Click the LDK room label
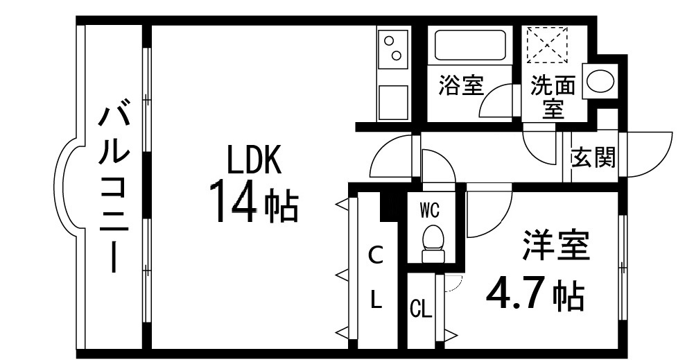pyautogui.click(x=254, y=161)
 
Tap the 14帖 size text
pyautogui.click(x=254, y=201)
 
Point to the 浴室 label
pyautogui.click(x=460, y=85)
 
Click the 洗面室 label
pyautogui.click(x=553, y=97)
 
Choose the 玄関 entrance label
pyautogui.click(x=593, y=159)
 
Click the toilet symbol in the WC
pyautogui.click(x=432, y=241)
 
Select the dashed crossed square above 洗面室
pyautogui.click(x=546, y=44)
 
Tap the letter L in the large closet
pyautogui.click(x=375, y=300)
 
